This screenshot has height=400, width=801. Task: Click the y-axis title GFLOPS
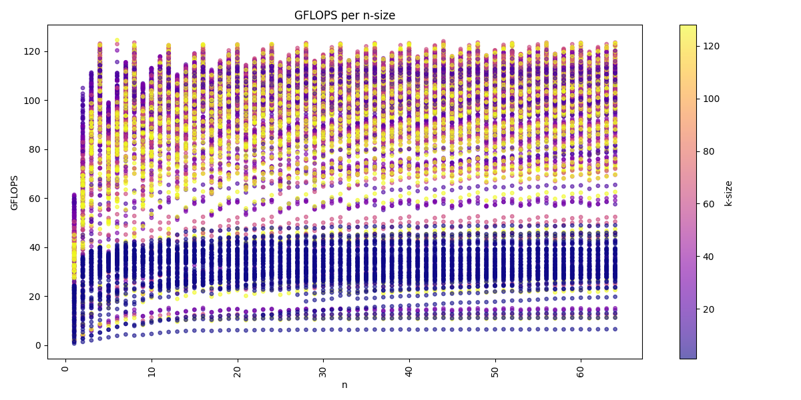point(15,192)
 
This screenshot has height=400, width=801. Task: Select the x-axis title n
point(344,385)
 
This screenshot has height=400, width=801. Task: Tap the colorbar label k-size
point(728,192)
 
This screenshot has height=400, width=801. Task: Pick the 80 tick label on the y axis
point(35,149)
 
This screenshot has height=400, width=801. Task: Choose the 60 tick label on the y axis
point(35,199)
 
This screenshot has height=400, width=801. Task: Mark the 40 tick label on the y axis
point(35,247)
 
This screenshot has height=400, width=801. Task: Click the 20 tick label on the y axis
point(35,297)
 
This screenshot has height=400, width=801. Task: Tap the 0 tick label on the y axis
point(37,345)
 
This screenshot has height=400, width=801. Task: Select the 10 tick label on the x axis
point(152,370)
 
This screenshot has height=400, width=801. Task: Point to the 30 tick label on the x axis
point(323,370)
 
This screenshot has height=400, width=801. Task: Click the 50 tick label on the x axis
point(495,370)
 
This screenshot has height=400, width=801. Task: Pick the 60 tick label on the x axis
point(581,370)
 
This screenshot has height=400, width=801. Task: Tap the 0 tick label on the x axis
point(65,367)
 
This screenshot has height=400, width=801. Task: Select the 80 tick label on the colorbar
point(706,151)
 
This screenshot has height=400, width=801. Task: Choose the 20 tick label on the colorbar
point(706,309)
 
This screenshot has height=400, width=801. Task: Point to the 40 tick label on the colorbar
point(706,257)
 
